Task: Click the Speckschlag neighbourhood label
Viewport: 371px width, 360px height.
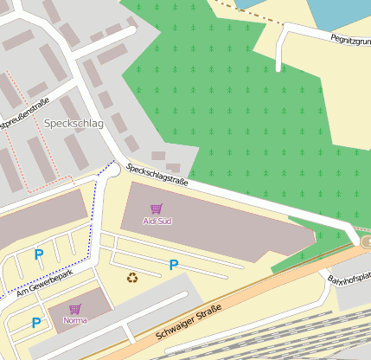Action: [73, 124]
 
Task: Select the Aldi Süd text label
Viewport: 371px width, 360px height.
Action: [157, 222]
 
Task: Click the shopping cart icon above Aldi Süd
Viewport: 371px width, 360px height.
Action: [157, 209]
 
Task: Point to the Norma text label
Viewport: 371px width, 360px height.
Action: [75, 320]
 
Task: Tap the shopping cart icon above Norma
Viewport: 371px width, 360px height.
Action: [75, 309]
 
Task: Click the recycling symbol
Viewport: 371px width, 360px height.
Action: [132, 278]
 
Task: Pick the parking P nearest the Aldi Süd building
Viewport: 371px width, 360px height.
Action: [174, 265]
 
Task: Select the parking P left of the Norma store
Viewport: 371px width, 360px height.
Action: [36, 323]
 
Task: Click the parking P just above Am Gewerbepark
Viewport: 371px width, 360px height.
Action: [38, 254]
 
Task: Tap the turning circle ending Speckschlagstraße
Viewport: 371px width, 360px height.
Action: [113, 171]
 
